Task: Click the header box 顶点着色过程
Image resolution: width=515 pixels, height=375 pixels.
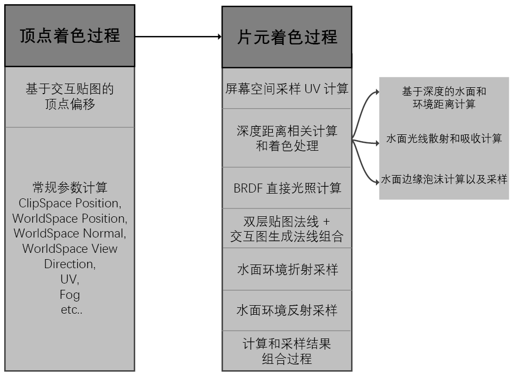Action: coord(70,36)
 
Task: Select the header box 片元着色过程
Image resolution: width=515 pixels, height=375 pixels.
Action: coord(287,37)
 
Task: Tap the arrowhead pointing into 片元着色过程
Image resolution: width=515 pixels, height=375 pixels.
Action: coord(218,36)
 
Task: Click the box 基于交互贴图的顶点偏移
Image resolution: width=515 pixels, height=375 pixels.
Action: coord(70,97)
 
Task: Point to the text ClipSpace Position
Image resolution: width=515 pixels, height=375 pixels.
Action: coord(69,203)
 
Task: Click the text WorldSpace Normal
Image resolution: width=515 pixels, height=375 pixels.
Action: coord(69,233)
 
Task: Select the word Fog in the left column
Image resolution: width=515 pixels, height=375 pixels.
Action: coord(70,295)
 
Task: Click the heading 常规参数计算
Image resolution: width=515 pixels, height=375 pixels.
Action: coord(70,188)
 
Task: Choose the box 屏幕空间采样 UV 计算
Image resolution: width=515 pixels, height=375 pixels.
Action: coord(287,89)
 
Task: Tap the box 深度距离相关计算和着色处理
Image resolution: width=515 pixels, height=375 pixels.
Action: coord(287,138)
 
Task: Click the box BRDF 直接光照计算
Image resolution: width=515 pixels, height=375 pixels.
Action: coord(287,188)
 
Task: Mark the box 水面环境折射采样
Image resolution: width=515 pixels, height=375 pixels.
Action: coord(287,269)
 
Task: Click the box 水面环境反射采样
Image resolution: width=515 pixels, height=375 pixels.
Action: coord(287,310)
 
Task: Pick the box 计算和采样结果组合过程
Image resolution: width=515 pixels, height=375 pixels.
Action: coord(287,351)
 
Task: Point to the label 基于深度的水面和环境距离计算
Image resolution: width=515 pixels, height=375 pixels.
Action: coord(444,98)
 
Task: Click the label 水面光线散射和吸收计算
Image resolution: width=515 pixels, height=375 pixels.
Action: coord(444,139)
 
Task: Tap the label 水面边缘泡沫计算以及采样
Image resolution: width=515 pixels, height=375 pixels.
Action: coord(444,180)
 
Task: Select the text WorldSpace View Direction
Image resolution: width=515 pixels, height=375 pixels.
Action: coord(69,256)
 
